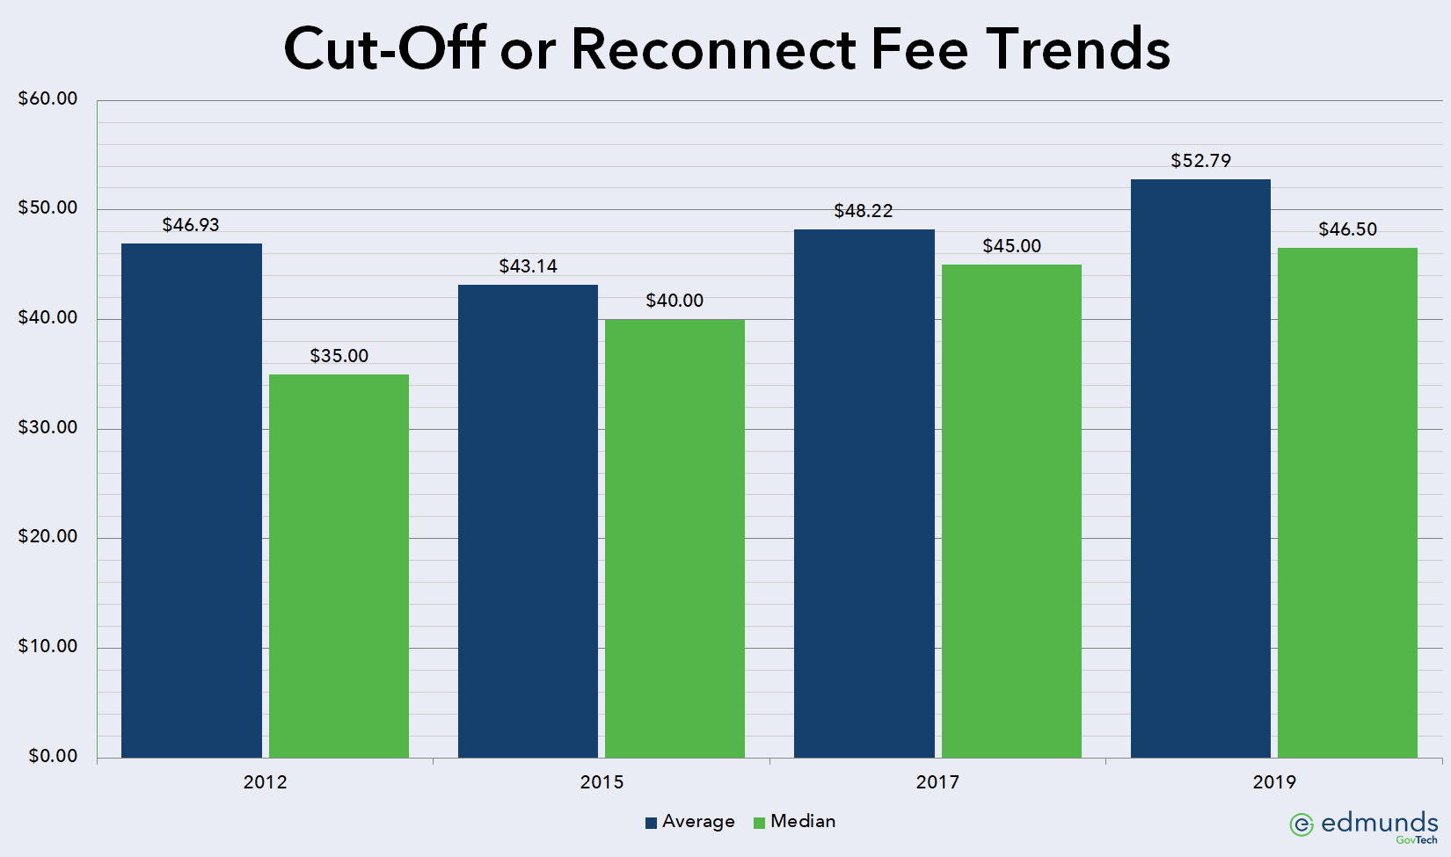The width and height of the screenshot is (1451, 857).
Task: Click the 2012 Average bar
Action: pos(192,500)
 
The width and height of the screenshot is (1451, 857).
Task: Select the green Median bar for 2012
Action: pos(339,566)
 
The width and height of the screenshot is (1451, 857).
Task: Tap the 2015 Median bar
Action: pos(674,538)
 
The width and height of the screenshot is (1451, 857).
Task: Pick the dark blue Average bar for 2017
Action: pos(864,493)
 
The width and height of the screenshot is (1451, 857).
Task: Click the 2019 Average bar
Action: pos(1200,468)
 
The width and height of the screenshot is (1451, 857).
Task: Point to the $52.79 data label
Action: pos(1200,161)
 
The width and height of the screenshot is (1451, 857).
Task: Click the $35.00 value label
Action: pos(339,356)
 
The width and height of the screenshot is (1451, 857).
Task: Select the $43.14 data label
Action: pos(528,266)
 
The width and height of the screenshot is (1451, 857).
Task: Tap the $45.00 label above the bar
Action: pos(1011,246)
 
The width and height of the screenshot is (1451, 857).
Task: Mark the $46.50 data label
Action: pos(1347,229)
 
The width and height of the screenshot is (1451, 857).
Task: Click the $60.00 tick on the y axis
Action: pos(48,98)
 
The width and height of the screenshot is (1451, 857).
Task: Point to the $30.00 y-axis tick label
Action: pos(48,427)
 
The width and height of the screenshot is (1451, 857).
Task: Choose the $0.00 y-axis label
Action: pos(53,756)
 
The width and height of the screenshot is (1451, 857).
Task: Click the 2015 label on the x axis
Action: pos(602,782)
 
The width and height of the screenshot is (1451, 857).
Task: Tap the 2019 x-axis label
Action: pos(1274,782)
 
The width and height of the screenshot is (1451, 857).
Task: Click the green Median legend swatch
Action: pos(759,823)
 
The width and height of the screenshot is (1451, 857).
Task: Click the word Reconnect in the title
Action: pos(713,49)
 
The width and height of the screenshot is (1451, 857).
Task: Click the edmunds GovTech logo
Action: pos(1363,825)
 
